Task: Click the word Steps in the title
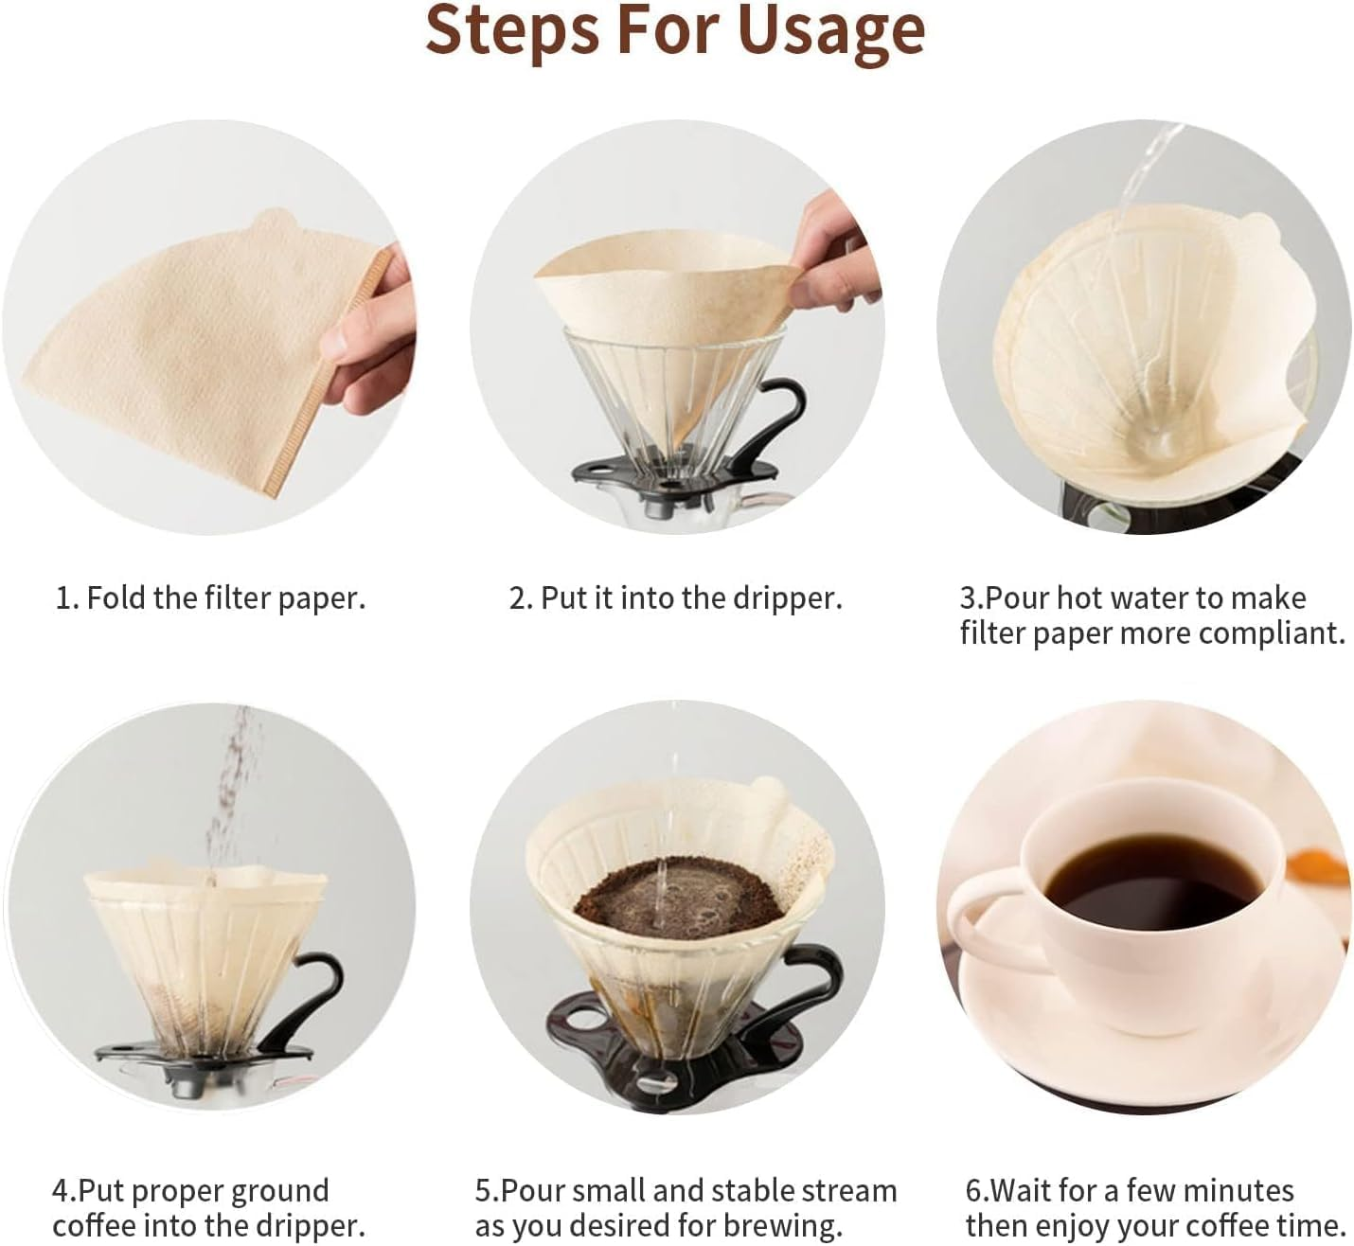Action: (511, 30)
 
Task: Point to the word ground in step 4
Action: (278, 1190)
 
